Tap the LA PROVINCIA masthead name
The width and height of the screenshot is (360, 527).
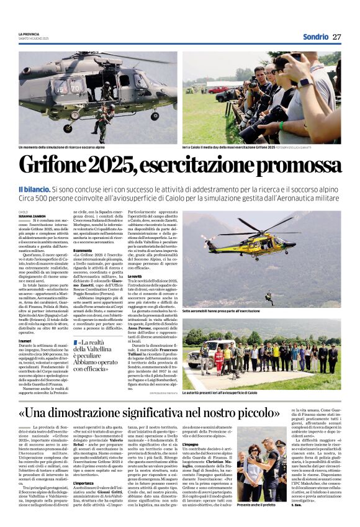[x=29, y=33]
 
